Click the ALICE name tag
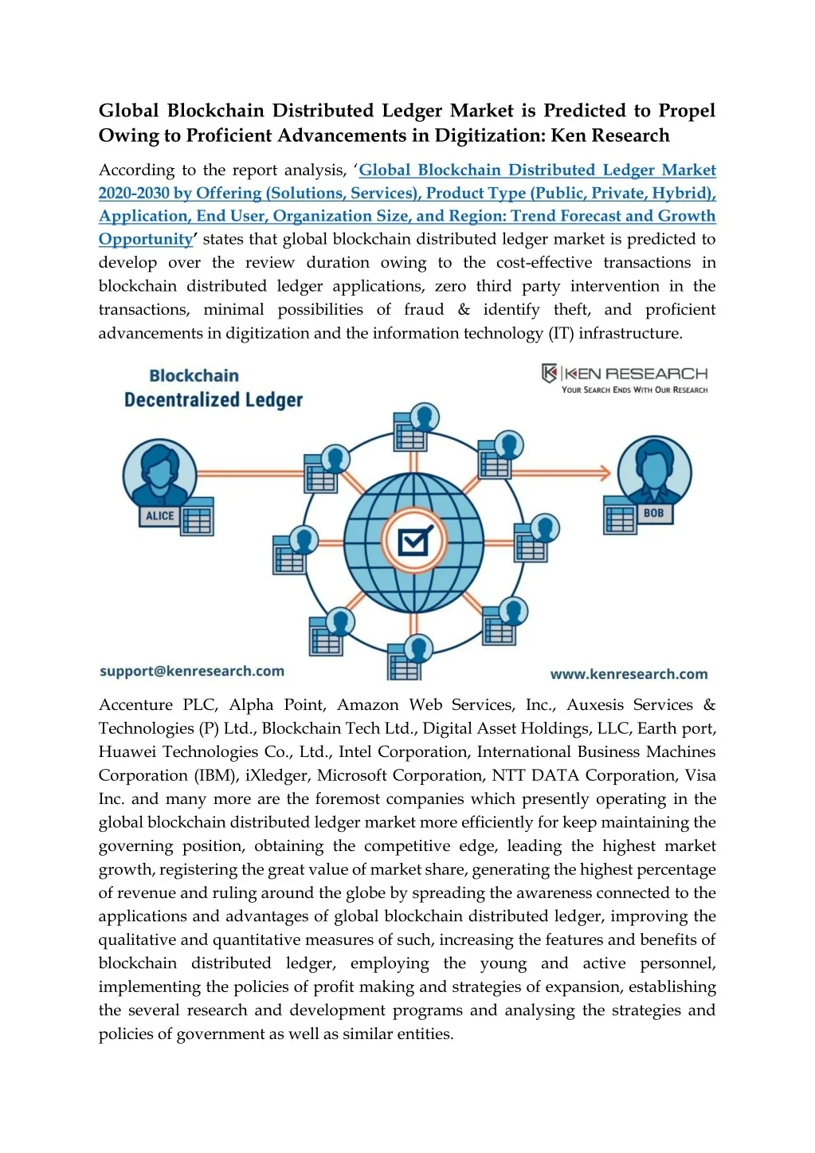click(159, 516)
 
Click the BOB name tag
click(653, 513)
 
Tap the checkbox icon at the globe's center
click(413, 542)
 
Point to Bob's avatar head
click(654, 469)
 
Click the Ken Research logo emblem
click(550, 373)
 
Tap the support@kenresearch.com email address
click(192, 671)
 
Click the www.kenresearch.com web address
click(629, 674)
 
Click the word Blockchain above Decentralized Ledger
click(194, 375)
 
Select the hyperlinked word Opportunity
click(146, 239)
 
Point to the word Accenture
click(135, 704)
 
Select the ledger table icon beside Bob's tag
click(620, 516)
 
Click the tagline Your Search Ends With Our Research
click(634, 390)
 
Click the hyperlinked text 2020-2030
click(134, 193)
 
